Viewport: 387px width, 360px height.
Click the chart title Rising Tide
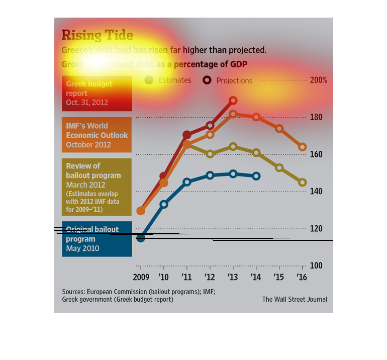coord(97,35)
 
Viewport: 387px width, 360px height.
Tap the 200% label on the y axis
coord(319,80)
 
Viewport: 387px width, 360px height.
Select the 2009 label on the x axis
coord(141,277)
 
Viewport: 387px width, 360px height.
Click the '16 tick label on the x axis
coord(302,277)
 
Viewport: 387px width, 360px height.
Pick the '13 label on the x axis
coord(233,277)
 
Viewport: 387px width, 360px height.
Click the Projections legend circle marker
coord(207,80)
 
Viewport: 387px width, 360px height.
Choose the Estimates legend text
coord(174,80)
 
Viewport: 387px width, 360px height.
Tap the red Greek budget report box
coord(97,94)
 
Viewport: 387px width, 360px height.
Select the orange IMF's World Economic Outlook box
coord(97,135)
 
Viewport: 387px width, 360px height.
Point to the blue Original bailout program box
coord(97,239)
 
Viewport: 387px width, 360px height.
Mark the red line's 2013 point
coord(233,101)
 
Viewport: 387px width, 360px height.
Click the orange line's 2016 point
coord(302,147)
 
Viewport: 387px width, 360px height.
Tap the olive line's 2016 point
coord(302,183)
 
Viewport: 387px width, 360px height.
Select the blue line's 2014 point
coord(256,176)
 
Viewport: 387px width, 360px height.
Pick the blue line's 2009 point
coord(141,238)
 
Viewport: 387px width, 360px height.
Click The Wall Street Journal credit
coord(295,299)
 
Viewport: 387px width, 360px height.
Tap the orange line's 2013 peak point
coord(233,114)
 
